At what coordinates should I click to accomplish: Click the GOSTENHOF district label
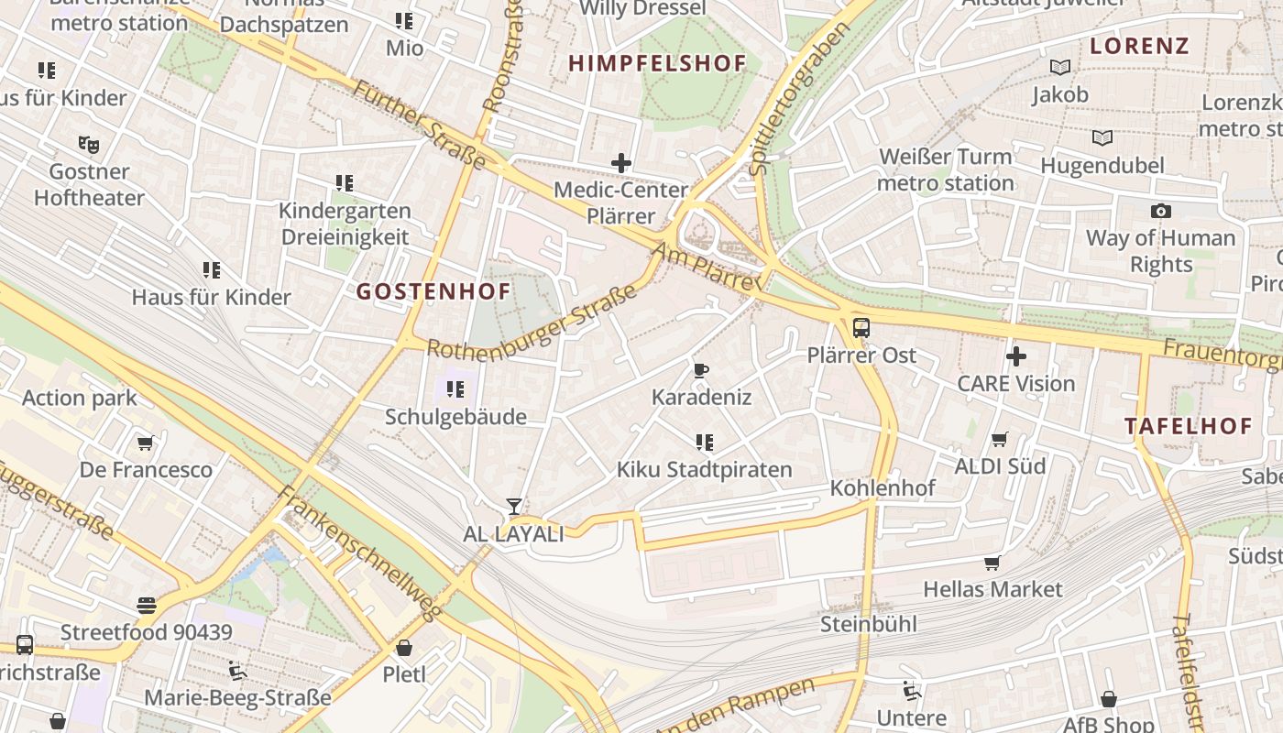pos(433,292)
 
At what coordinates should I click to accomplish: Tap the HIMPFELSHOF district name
pos(657,63)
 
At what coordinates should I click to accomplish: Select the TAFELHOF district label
pos(1188,426)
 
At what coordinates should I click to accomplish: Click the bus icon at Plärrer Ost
pos(861,327)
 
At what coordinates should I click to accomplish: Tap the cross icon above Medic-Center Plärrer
pos(621,163)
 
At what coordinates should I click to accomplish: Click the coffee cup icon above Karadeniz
pos(701,370)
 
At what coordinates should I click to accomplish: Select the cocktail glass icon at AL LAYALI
pos(514,507)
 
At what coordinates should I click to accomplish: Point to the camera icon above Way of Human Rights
pos(1160,212)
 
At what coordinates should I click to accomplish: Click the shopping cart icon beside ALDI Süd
pos(1000,440)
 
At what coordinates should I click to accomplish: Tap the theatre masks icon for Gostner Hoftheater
pos(89,144)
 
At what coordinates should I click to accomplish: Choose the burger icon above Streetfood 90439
pos(147,606)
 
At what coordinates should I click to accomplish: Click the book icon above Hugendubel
pos(1102,138)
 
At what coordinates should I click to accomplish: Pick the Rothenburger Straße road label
pos(532,325)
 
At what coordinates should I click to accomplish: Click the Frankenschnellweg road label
pos(359,552)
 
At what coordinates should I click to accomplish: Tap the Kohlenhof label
pos(883,488)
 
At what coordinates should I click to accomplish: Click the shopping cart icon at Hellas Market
pos(992,563)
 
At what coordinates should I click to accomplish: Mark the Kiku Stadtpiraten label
pos(704,470)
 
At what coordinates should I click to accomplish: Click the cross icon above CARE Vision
pos(1015,356)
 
